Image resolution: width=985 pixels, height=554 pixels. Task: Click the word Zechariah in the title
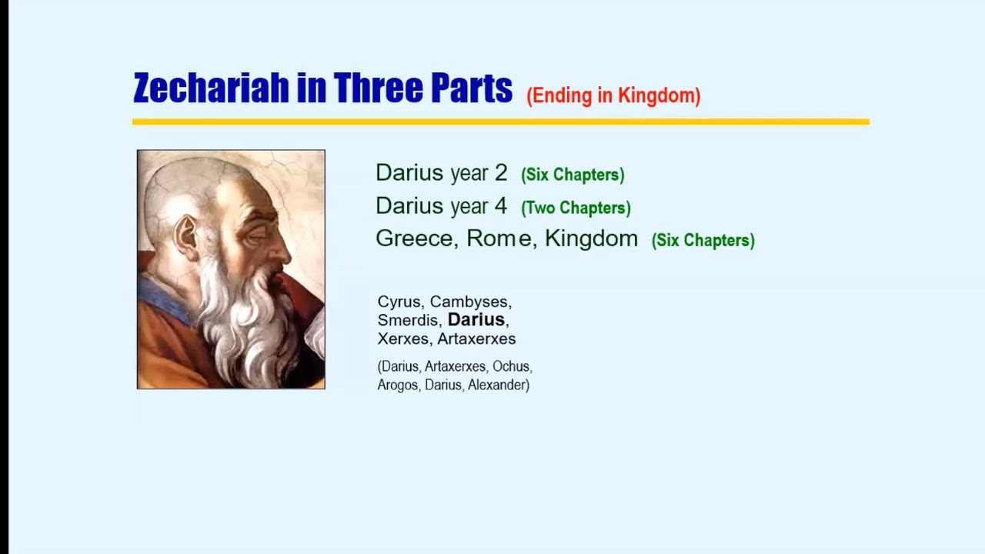211,88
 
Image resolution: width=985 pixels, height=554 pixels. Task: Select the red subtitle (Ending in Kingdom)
613,96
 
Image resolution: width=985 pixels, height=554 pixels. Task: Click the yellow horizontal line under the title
501,122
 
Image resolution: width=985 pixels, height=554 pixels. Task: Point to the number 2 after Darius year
501,173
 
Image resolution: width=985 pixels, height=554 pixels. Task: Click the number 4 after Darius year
500,205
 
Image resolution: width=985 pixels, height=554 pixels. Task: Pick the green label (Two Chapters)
576,208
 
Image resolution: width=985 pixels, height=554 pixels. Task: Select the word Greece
414,239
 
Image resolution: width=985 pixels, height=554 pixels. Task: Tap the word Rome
499,239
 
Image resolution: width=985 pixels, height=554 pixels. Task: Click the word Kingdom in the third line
591,239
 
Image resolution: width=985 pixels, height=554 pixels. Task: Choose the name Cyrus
399,302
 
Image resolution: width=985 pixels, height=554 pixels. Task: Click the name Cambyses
469,302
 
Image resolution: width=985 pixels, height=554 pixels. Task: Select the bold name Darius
476,319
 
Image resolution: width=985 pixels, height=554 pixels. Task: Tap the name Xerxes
402,339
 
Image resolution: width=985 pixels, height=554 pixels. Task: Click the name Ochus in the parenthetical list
511,367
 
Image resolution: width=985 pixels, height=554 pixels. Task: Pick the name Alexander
497,385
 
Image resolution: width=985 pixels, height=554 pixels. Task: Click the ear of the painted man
186,238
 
